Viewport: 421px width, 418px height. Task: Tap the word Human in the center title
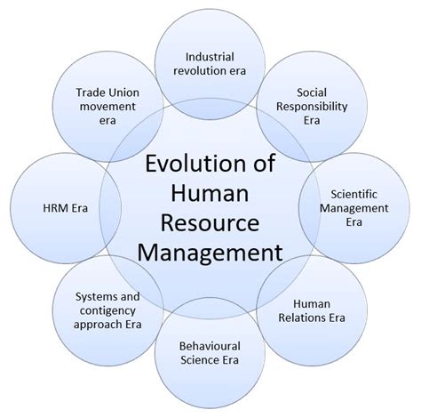210,193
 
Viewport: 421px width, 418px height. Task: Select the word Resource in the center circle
210,223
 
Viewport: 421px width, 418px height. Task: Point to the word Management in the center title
210,253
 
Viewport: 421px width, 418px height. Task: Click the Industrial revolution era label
210,64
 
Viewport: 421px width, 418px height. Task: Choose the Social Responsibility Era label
312,107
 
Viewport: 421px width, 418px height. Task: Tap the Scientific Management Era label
354,208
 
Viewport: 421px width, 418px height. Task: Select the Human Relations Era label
312,311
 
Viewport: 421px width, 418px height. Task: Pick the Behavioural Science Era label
210,353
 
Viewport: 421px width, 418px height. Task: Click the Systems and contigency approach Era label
107,310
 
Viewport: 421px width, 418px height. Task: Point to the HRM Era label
66,208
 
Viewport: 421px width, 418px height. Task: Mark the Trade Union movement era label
107,107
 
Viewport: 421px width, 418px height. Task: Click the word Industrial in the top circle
210,57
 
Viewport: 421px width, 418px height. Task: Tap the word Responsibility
312,107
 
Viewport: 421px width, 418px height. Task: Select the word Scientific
354,195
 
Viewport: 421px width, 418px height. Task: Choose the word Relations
298,318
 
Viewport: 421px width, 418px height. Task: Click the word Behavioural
210,346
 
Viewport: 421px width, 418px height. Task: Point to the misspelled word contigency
107,311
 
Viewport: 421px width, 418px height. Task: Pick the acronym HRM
54,208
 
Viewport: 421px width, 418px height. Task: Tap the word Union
123,92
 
